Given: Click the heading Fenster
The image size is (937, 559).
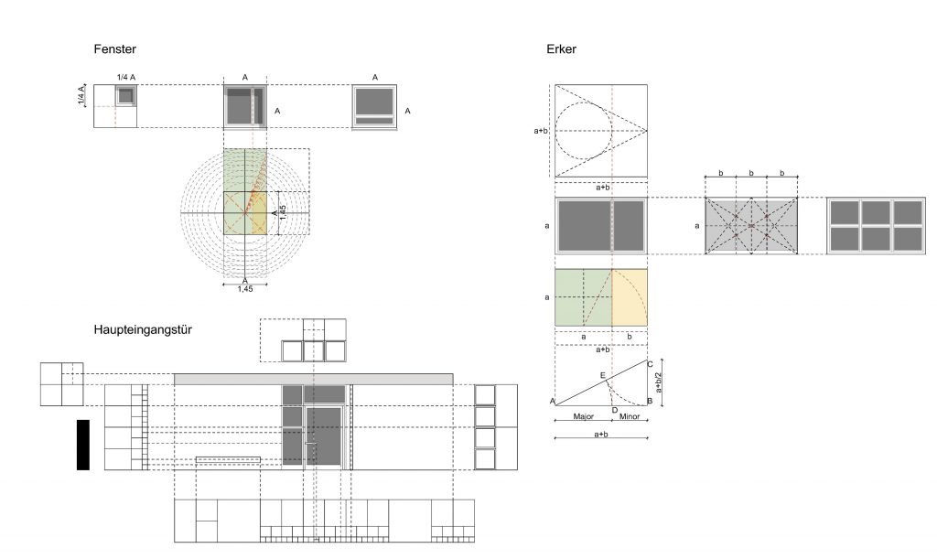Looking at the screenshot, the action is tap(114, 49).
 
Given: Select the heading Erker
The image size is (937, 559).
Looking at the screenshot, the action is tap(561, 49).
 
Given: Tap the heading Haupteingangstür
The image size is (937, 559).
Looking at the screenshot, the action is tap(143, 329).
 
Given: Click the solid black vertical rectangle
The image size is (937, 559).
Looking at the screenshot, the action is tap(83, 445).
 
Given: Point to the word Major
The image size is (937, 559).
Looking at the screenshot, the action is tap(583, 416).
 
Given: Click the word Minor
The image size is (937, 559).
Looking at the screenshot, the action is tap(630, 416).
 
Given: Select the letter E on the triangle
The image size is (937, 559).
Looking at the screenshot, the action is tap(603, 376).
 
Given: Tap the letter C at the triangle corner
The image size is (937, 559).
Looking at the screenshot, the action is tap(651, 364).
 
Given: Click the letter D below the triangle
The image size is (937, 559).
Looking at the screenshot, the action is tap(614, 410).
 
